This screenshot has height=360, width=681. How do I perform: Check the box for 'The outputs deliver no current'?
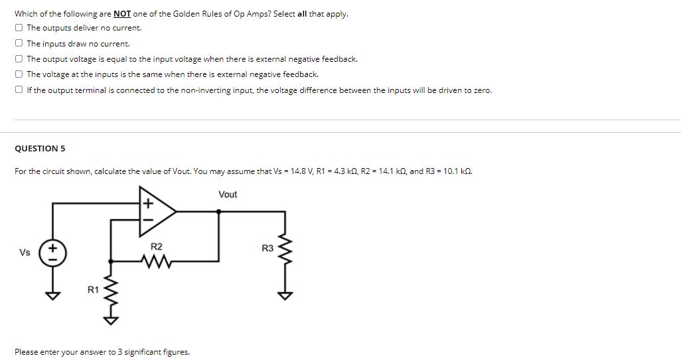pos(19,28)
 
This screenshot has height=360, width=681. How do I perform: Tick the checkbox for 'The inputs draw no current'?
pos(19,43)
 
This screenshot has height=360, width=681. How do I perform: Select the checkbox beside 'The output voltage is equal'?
pos(19,59)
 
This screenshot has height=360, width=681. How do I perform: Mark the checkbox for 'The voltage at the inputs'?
pos(19,74)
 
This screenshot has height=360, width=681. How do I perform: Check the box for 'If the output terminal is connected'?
pos(19,90)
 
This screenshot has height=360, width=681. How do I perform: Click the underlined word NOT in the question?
pos(122,14)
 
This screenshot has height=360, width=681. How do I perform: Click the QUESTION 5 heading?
pos(40,148)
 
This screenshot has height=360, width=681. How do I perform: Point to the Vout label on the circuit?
pos(227,195)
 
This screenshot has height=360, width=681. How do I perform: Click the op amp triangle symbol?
pos(156,211)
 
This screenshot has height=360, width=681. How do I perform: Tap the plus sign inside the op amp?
pos(147,201)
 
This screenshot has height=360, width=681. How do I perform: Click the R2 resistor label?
pos(157,246)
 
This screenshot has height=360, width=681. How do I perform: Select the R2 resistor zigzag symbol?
pos(157,260)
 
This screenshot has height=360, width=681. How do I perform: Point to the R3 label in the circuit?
pos(267,248)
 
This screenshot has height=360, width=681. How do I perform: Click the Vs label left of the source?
pos(25,253)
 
